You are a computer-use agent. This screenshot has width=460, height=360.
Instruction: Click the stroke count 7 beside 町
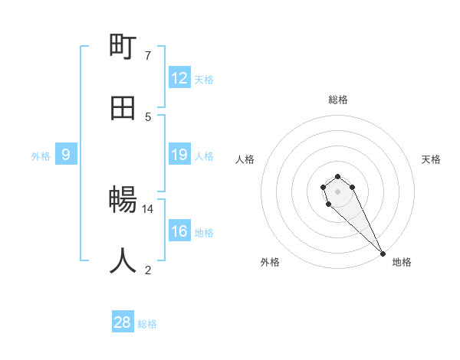coord(148,55)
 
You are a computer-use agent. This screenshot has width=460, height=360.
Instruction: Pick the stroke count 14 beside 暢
coord(148,208)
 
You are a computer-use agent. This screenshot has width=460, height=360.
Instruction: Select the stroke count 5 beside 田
coord(148,116)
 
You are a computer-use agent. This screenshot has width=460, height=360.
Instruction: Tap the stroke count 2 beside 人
coord(148,270)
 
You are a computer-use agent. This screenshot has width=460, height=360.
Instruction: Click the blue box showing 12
coord(179,78)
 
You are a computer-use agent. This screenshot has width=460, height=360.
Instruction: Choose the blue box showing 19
coord(179,155)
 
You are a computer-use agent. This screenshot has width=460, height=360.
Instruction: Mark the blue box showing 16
coord(179,231)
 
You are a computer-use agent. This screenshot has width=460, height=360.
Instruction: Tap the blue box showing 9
coord(66,155)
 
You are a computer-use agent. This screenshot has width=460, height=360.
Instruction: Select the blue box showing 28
coord(123,322)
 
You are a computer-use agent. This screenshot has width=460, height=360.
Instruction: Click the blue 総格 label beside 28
coord(147,324)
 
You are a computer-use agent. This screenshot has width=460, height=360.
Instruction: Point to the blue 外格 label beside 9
coord(41,156)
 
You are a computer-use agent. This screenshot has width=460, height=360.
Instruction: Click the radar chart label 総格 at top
coord(338,100)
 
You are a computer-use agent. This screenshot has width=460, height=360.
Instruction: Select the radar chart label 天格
coord(431,159)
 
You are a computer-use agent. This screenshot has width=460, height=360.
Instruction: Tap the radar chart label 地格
coord(402,262)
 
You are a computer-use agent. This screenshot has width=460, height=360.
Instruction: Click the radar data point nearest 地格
coord(383,254)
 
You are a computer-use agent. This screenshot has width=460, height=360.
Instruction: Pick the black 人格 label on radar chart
coord(245,159)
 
